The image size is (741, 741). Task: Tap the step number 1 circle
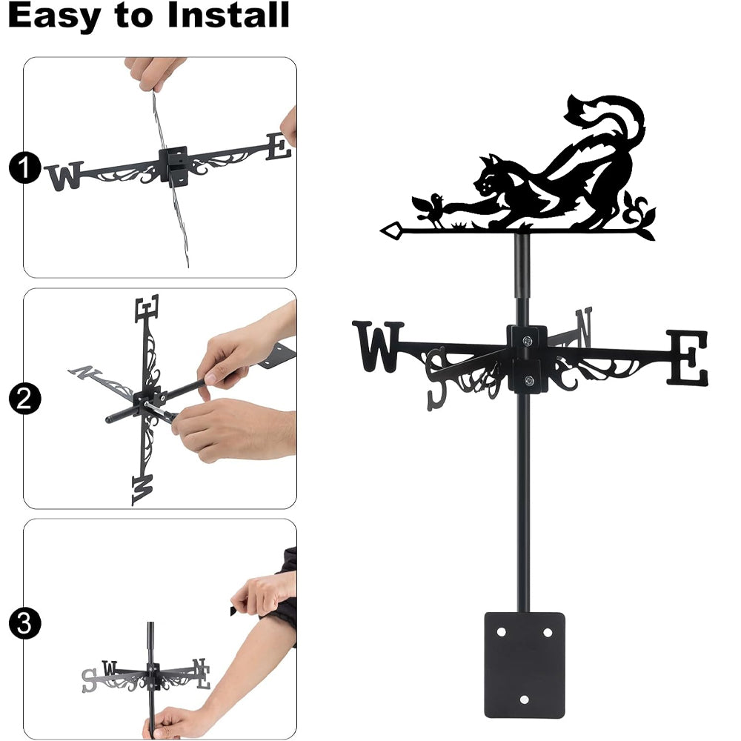[x=24, y=167]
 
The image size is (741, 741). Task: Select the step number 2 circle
[x=24, y=399]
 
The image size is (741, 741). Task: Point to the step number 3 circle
[x=24, y=624]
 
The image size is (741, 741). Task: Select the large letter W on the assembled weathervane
[x=378, y=346]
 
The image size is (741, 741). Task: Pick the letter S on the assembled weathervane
[x=436, y=379]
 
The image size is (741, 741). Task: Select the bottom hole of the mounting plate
[x=524, y=700]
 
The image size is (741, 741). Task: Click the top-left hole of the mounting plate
[x=501, y=632]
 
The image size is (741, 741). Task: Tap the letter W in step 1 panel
[x=65, y=176]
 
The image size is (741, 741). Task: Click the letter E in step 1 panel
[x=279, y=147]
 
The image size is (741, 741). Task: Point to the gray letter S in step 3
[x=89, y=680]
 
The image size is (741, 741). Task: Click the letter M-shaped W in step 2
[x=142, y=490]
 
